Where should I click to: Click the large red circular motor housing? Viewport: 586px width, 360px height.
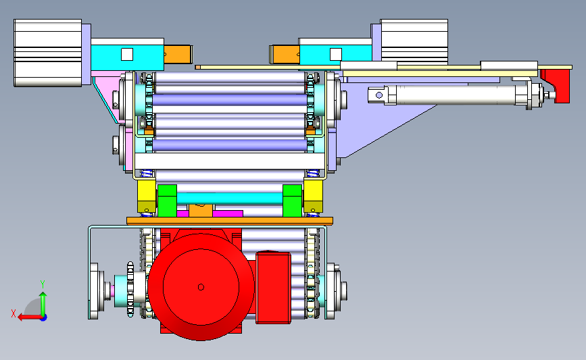(201, 287)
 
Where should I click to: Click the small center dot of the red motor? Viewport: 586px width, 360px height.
(201, 287)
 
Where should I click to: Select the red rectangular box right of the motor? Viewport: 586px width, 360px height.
(273, 287)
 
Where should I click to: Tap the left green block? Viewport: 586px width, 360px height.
(167, 201)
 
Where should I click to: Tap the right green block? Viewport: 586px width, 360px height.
(292, 201)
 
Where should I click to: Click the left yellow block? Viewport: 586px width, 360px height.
(147, 196)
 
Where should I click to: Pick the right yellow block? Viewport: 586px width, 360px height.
(313, 196)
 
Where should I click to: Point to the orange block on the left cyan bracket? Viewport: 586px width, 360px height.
(178, 54)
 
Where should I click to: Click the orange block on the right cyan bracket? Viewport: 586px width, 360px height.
(284, 54)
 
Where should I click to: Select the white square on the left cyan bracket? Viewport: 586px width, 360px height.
(127, 55)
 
